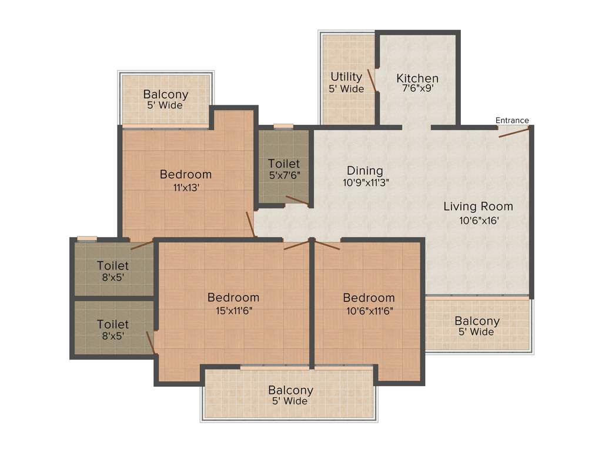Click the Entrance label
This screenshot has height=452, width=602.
point(512,121)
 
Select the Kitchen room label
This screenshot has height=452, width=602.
point(417,78)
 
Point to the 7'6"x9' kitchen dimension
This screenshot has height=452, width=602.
point(417,89)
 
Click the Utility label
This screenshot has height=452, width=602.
point(346,77)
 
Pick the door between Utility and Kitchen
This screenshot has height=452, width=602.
point(372,81)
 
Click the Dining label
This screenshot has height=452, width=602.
point(366,171)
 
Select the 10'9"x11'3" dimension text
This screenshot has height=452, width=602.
point(366,182)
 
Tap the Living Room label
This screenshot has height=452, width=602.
point(478,206)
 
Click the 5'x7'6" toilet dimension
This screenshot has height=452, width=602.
point(284,175)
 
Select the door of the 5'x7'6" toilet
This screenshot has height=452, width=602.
point(297,201)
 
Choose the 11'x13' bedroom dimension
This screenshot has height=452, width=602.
point(186,187)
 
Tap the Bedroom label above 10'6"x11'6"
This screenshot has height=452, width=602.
point(369,297)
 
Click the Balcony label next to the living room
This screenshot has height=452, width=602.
point(477,321)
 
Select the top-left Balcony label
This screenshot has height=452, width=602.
point(166,94)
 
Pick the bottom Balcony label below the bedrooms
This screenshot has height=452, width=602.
point(291,390)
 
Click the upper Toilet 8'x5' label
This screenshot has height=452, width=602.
point(113,266)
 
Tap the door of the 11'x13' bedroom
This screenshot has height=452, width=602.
point(250,224)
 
